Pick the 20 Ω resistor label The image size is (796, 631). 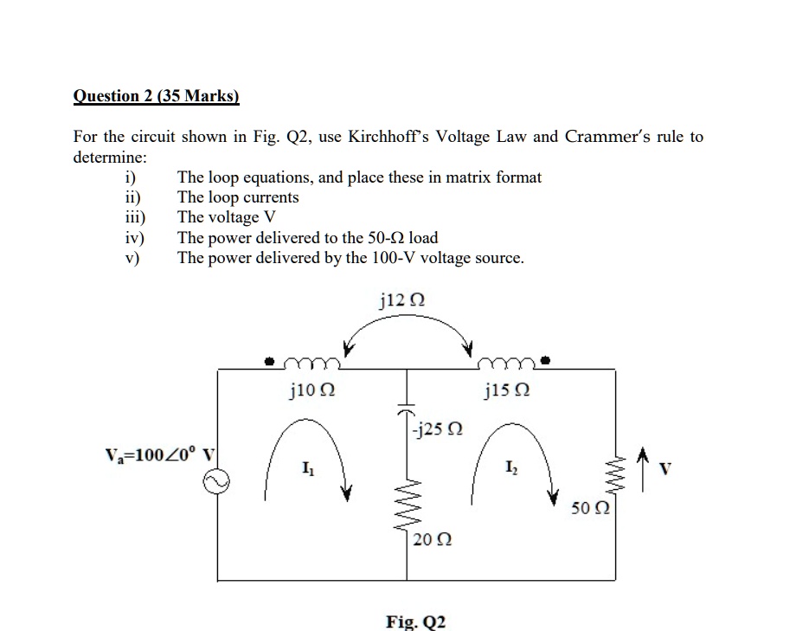(x=430, y=540)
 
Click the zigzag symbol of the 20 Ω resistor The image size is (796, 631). (x=408, y=505)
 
